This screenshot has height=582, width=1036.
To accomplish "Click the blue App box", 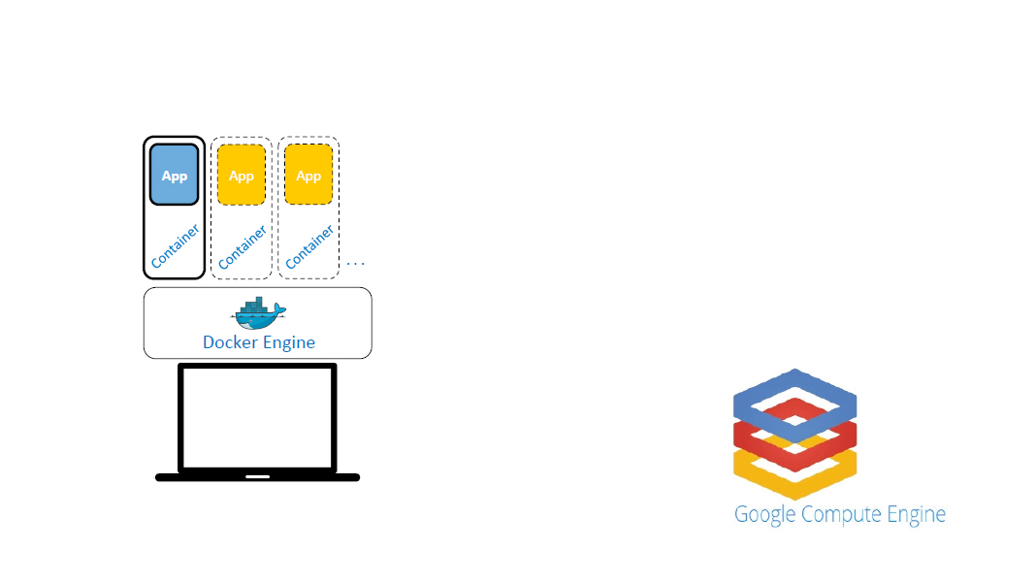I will click(x=174, y=175).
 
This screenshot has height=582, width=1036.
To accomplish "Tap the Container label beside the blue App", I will click(x=176, y=246).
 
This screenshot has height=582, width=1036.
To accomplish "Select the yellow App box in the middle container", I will click(x=242, y=175).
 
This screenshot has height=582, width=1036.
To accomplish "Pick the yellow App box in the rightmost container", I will click(x=308, y=175).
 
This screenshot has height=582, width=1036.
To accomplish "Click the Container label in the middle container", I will click(x=243, y=246).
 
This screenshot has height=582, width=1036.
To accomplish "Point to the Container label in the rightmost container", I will click(x=310, y=246).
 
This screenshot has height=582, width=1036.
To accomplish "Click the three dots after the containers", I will click(x=355, y=263).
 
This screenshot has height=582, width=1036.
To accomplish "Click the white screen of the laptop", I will click(x=257, y=418).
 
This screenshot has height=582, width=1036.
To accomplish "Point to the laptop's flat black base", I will click(x=194, y=477).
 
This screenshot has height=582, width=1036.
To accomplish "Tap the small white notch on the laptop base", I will click(x=257, y=477).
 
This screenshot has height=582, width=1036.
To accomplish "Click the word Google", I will click(x=764, y=515).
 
